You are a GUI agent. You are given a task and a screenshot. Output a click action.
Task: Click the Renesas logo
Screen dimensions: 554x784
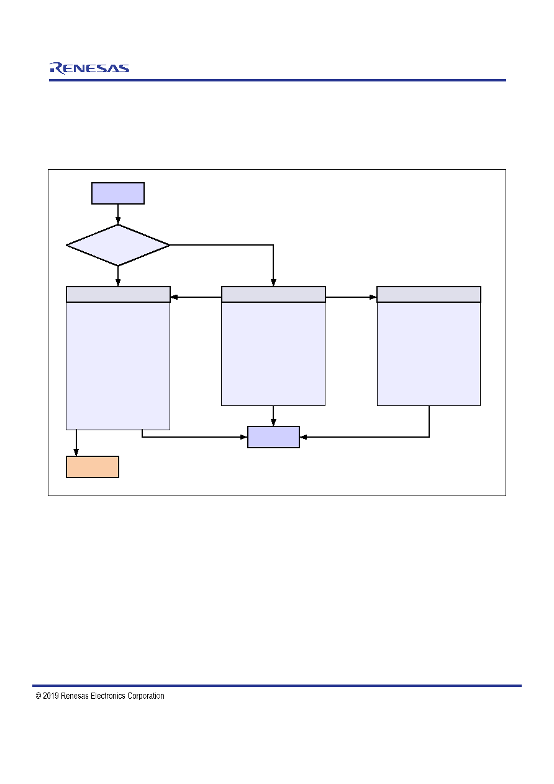(x=89, y=68)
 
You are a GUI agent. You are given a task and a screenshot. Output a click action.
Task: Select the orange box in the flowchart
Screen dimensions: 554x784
(x=93, y=466)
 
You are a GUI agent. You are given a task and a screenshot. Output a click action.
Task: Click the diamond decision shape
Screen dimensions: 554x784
(x=118, y=245)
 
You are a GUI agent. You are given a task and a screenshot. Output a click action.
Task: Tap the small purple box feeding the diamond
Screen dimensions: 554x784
(x=118, y=193)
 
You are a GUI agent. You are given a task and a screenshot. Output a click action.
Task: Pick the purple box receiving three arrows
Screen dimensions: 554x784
(x=273, y=437)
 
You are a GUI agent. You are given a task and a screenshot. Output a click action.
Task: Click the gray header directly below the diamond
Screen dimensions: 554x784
(x=118, y=294)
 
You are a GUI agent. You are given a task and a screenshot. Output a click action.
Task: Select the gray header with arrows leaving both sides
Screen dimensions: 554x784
(x=273, y=294)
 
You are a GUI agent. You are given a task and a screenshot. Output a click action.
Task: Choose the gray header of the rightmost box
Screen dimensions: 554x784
(x=429, y=294)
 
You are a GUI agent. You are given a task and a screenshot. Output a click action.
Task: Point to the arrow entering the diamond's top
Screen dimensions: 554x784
(x=118, y=214)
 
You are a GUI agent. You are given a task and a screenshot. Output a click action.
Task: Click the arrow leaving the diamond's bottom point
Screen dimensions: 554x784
(x=118, y=276)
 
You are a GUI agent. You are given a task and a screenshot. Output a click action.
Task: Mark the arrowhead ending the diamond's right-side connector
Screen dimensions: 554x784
(x=273, y=282)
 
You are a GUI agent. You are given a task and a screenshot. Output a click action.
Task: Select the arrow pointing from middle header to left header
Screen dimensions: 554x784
(x=196, y=297)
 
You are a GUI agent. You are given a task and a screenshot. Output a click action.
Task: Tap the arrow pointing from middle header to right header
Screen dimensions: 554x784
(x=351, y=297)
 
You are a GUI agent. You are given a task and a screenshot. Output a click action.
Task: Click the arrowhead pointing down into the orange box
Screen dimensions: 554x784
(x=76, y=452)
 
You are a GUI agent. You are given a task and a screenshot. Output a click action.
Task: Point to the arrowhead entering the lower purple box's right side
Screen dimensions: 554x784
(x=303, y=437)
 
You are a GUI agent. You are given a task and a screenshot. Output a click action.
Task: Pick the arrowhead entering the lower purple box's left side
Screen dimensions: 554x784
(x=243, y=437)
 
